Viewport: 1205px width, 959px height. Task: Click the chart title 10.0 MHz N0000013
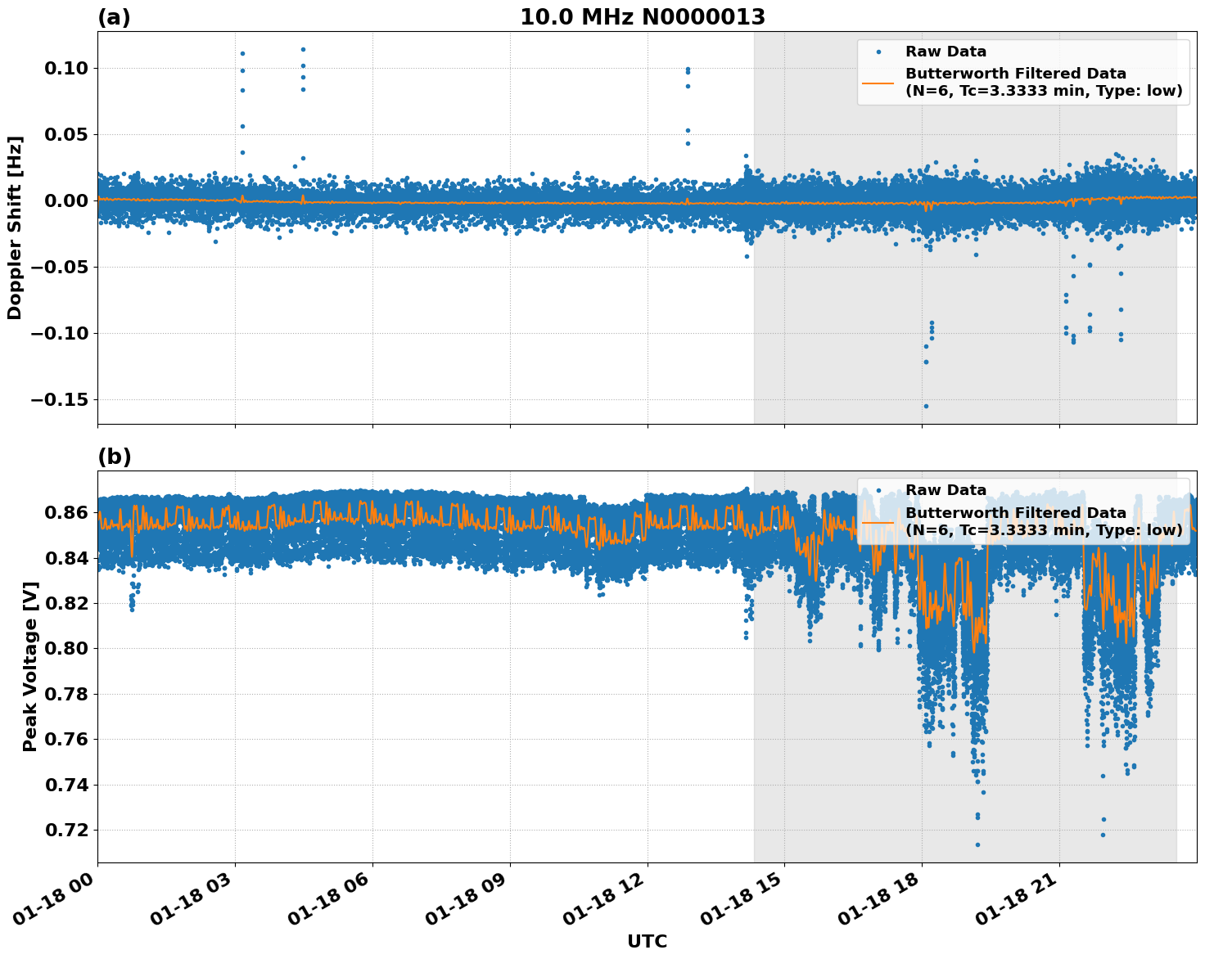(x=643, y=17)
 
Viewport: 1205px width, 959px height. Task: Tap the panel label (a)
(x=114, y=17)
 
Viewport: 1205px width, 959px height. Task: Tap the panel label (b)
(x=114, y=457)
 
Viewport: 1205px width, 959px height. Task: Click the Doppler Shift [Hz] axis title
(x=15, y=227)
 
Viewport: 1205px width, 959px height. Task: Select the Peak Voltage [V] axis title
(x=30, y=667)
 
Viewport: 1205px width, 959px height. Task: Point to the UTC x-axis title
(x=647, y=942)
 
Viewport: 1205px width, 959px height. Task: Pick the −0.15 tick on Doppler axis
(x=60, y=399)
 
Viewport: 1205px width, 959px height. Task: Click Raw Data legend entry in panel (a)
(x=945, y=52)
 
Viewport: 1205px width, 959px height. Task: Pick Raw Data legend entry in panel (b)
(x=945, y=490)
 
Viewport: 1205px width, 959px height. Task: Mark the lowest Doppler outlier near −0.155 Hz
(x=926, y=406)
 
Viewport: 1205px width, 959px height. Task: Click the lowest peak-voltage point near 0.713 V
(x=977, y=844)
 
